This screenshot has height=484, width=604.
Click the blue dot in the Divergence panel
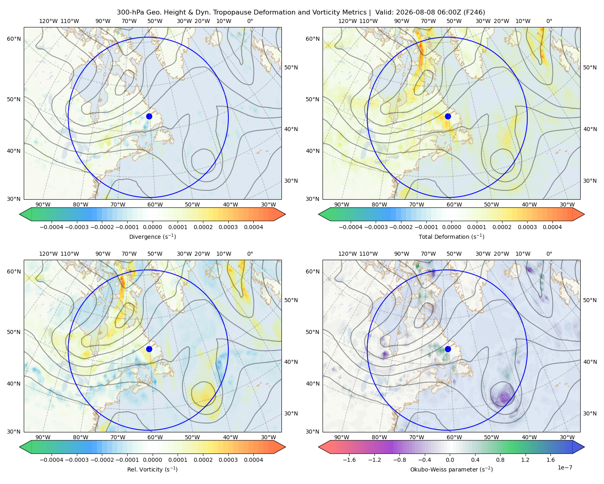149,116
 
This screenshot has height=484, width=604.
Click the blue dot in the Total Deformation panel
448,116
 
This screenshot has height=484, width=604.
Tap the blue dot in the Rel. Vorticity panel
149,349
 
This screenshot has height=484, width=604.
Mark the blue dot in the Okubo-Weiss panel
448,349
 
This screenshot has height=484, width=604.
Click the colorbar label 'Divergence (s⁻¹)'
152,236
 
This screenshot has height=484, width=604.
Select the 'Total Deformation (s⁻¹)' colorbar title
451,236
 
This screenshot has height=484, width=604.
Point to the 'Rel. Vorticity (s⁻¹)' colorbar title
152,469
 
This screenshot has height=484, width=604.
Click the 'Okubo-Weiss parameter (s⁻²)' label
451,469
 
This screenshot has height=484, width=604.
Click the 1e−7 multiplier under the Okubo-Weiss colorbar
565,467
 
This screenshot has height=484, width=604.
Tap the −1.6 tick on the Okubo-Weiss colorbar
349,459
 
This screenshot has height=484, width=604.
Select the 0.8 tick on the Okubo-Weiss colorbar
500,459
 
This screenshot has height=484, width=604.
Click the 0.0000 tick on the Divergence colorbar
152,227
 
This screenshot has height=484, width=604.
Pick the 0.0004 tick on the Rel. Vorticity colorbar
253,459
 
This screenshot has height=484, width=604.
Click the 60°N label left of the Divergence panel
14,39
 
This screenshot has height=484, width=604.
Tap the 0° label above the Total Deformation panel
549,21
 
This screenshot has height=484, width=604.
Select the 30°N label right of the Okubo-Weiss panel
590,413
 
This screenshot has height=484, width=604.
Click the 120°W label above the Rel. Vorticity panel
48,253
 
